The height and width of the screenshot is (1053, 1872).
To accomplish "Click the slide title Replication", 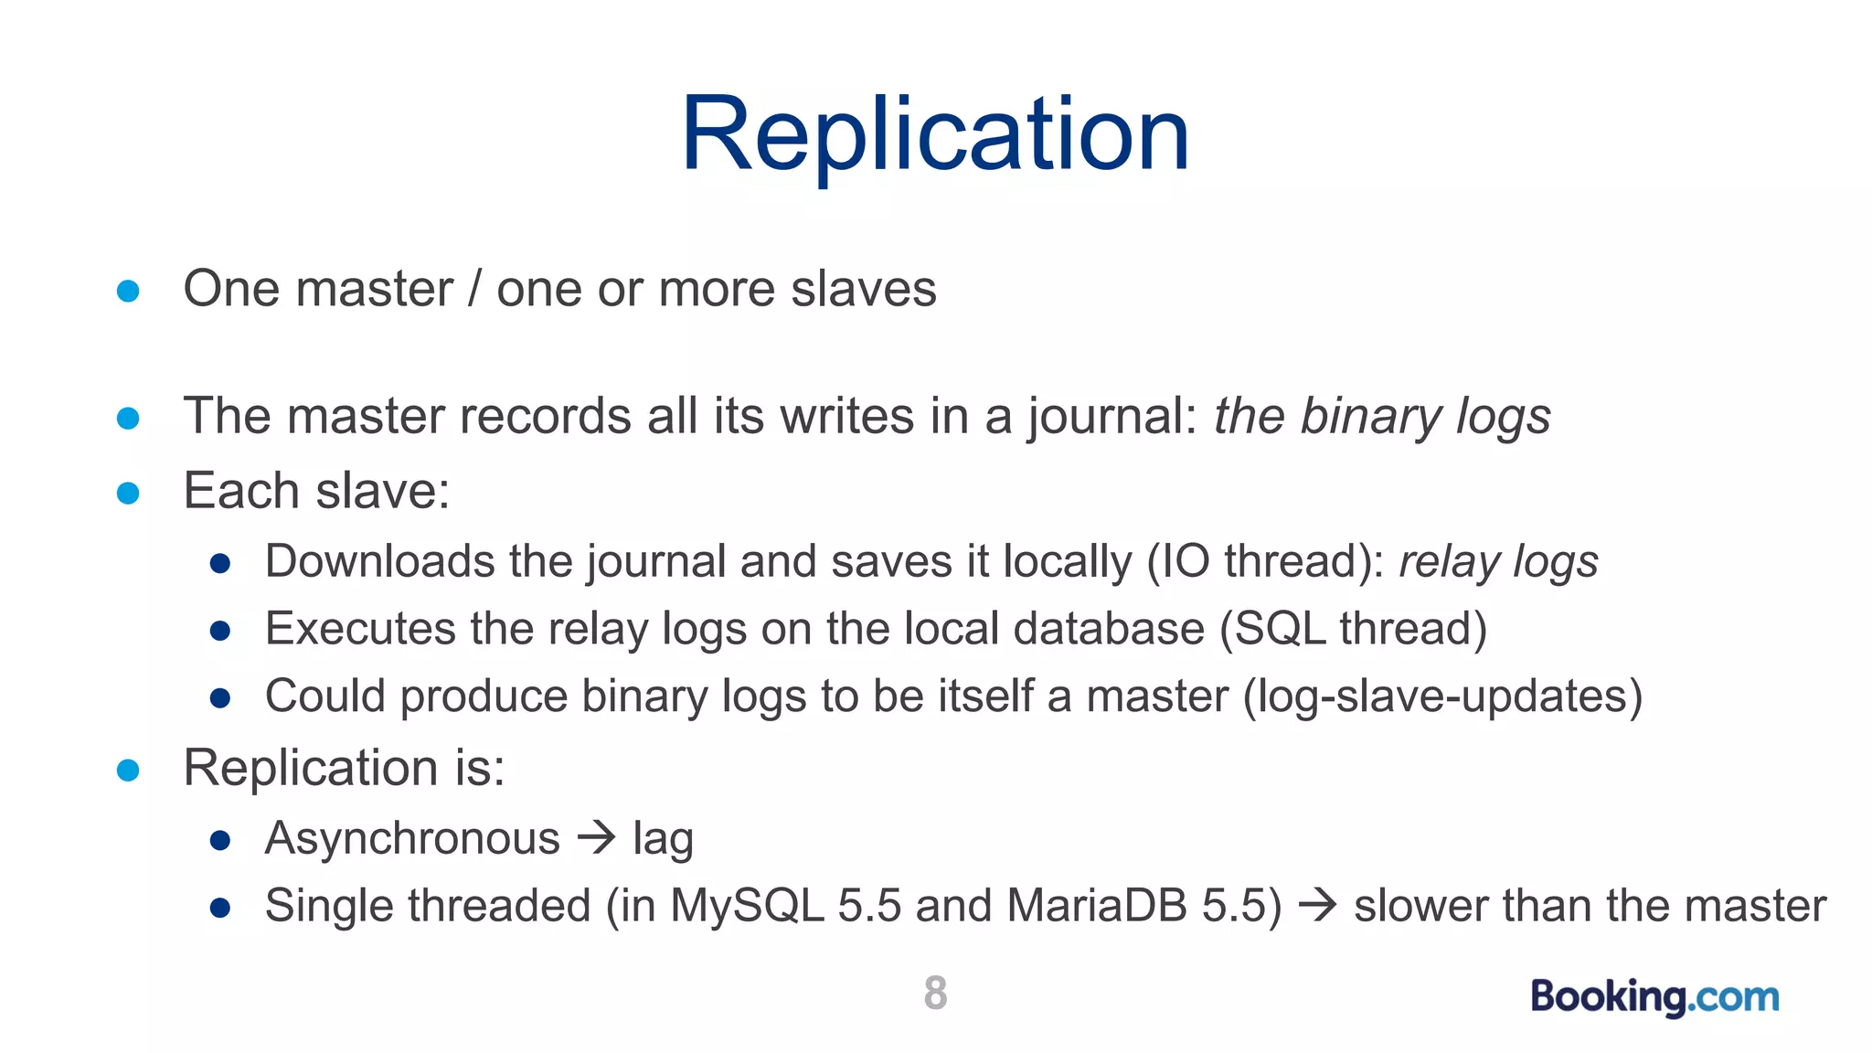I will [x=935, y=134].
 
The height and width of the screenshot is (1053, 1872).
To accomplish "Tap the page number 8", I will [x=935, y=993].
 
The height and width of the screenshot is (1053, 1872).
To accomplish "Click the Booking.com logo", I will [x=1654, y=995].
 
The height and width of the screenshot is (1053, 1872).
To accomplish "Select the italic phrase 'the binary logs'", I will [x=1381, y=417].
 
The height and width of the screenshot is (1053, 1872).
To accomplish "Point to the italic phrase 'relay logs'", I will [x=1498, y=561].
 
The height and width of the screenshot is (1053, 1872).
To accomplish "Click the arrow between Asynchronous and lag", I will [x=597, y=837].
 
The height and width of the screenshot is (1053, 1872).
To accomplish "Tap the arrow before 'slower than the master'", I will [x=1318, y=905].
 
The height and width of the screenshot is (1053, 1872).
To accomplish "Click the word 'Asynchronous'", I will [x=412, y=837].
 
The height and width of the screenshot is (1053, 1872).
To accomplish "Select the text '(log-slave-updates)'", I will [x=1442, y=697].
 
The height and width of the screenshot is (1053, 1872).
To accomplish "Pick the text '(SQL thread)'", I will [x=1354, y=629].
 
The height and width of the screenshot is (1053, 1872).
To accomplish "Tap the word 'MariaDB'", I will [x=1096, y=905].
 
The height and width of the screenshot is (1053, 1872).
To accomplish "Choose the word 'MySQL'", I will [x=747, y=905].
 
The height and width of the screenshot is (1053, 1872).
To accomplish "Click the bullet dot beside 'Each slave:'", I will [x=128, y=494].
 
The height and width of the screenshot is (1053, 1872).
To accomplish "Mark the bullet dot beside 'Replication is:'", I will [x=128, y=770].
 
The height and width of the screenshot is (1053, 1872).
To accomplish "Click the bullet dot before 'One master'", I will [x=128, y=291].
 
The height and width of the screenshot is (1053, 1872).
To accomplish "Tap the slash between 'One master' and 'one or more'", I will [x=474, y=289].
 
